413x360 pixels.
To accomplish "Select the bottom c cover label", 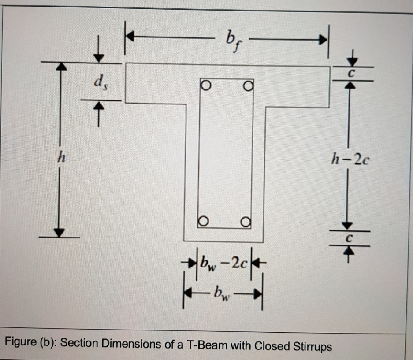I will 349,238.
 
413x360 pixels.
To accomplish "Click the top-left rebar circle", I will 205,84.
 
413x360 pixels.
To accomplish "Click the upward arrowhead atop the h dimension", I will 62,66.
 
